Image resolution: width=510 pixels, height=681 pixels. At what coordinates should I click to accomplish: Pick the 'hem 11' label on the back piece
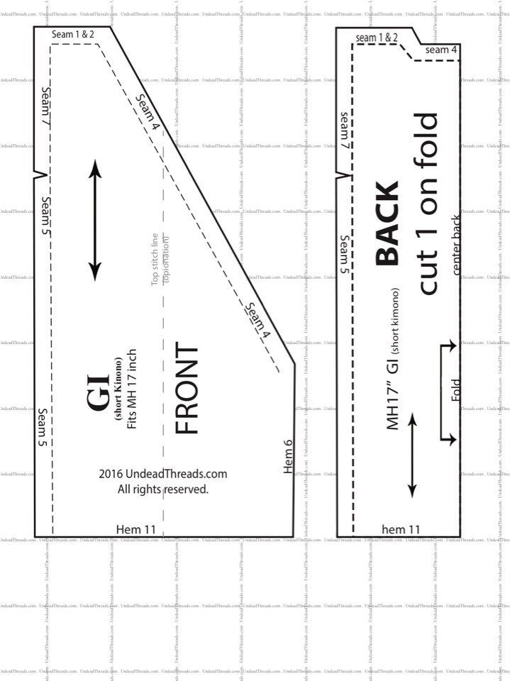pyautogui.click(x=401, y=529)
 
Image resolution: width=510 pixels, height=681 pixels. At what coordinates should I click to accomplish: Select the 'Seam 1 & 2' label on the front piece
pyautogui.click(x=72, y=34)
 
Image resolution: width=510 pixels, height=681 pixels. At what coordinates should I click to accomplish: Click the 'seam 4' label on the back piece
pyautogui.click(x=441, y=50)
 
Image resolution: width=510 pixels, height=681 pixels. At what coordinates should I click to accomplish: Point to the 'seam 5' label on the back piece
pyautogui.click(x=345, y=255)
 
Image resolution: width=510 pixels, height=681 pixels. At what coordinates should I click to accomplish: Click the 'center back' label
pyautogui.click(x=458, y=245)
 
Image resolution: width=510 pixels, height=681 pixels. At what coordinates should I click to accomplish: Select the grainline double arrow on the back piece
pyautogui.click(x=411, y=454)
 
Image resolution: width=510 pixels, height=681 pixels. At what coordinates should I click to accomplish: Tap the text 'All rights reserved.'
pyautogui.click(x=162, y=489)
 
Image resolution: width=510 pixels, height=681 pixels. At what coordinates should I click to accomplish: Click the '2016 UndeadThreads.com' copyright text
pyautogui.click(x=162, y=474)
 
